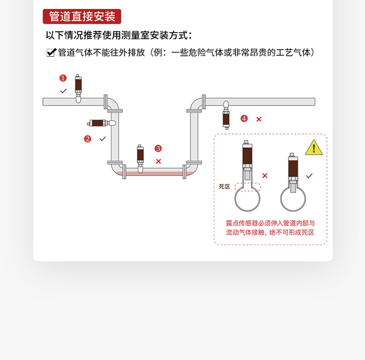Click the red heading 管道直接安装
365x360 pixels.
pos(82,17)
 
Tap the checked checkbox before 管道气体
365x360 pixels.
pos(51,53)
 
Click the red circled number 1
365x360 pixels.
pos(63,78)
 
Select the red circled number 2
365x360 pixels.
pos(87,139)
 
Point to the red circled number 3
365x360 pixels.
pos(158,148)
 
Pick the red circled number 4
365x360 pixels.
pos(244,119)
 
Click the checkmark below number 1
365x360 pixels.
pos(63,91)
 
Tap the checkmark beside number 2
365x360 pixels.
pos(103,139)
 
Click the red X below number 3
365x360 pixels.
pos(158,161)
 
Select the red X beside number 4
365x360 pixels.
pos(259,119)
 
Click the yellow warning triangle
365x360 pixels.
pos(314,148)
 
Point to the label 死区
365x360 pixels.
pos(225,186)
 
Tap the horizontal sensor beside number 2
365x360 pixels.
pos(101,123)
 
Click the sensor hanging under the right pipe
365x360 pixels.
pos(226,115)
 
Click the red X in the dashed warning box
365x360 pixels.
pos(265,176)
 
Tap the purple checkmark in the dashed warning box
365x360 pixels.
pos(309,176)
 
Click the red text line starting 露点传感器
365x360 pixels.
pos(270,223)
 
